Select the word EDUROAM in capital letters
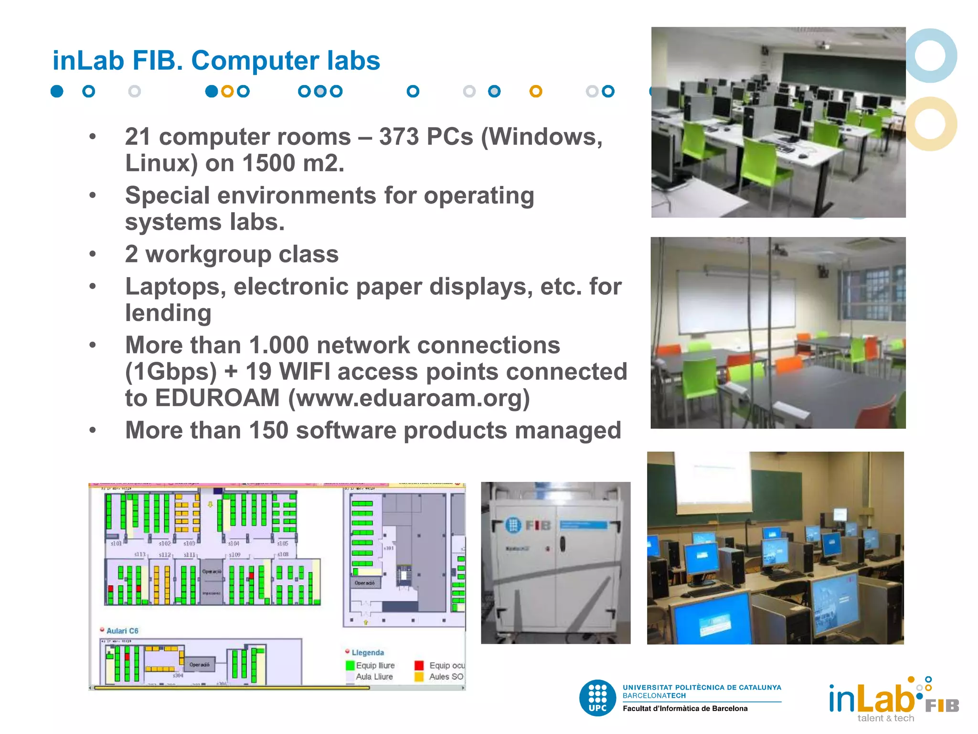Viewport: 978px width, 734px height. pyautogui.click(x=217, y=398)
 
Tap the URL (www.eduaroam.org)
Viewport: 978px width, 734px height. pyautogui.click(x=409, y=398)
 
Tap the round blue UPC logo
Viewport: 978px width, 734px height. pyautogui.click(x=597, y=698)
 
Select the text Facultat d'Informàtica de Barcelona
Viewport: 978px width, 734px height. pyautogui.click(x=685, y=709)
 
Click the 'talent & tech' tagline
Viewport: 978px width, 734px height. pyautogui.click(x=885, y=718)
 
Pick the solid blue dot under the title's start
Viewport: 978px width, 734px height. pyautogui.click(x=57, y=91)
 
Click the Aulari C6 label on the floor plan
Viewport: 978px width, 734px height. pyautogui.click(x=122, y=631)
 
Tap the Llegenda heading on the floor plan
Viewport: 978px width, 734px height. pyautogui.click(x=368, y=653)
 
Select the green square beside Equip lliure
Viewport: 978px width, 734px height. pyautogui.click(x=350, y=665)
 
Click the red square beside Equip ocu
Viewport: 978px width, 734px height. pyautogui.click(x=419, y=665)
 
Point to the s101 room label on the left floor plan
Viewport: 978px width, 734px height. pyautogui.click(x=116, y=544)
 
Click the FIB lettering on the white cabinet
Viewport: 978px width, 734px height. pyautogui.click(x=538, y=526)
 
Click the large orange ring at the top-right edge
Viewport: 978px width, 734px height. pyautogui.click(x=930, y=124)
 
